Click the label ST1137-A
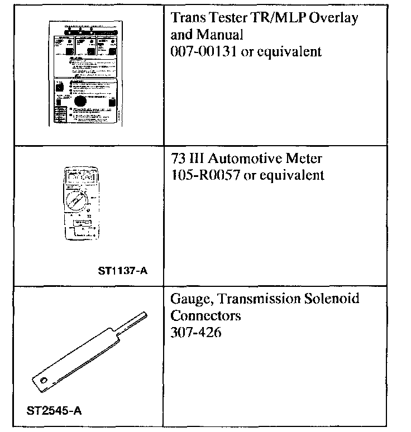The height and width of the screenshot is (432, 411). tap(126, 272)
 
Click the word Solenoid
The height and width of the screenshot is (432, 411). tap(334, 299)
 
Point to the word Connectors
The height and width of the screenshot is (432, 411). tap(205, 316)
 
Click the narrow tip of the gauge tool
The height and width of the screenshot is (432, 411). tap(136, 318)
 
